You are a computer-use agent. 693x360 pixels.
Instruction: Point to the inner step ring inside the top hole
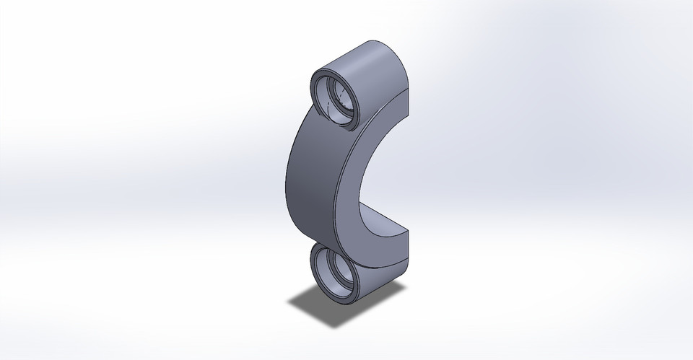[x=346, y=94]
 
